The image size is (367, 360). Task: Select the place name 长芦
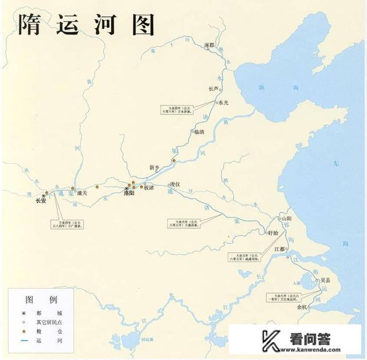pyautogui.click(x=213, y=88)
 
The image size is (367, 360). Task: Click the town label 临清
pyautogui.click(x=199, y=131)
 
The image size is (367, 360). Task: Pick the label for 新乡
pyautogui.click(x=154, y=168)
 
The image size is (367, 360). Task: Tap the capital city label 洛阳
pyautogui.click(x=129, y=194)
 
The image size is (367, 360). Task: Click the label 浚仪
pyautogui.click(x=174, y=184)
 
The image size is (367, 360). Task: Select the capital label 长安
pyautogui.click(x=41, y=201)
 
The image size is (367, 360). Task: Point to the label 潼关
pyautogui.click(x=81, y=193)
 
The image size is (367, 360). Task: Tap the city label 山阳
pyautogui.click(x=286, y=219)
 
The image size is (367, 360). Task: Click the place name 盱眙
pyautogui.click(x=273, y=233)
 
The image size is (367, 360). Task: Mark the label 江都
pyautogui.click(x=279, y=249)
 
